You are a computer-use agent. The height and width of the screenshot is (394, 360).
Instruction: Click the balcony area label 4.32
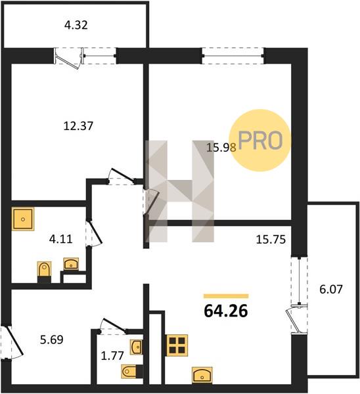click(x=76, y=25)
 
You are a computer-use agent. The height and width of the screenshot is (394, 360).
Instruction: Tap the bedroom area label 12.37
click(x=78, y=126)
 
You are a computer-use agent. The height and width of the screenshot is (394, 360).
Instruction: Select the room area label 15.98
click(x=221, y=148)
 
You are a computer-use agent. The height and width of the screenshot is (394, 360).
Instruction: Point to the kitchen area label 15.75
click(x=271, y=240)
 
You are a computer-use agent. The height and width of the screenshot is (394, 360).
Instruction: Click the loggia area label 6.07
click(x=331, y=289)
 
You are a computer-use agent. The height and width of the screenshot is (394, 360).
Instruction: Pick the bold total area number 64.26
click(x=226, y=311)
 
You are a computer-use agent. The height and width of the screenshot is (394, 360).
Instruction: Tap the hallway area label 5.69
click(x=52, y=339)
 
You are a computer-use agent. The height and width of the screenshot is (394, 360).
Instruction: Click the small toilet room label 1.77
click(x=112, y=355)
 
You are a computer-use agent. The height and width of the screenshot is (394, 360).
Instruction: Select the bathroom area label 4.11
click(x=61, y=239)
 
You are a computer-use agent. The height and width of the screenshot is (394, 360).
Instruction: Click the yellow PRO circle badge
click(x=260, y=141)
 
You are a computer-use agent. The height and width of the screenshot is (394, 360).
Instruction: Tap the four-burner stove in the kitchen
click(x=177, y=345)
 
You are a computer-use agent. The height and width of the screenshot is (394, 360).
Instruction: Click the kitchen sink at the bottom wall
click(x=202, y=375)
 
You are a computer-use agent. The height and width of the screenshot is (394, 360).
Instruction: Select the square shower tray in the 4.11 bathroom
click(x=23, y=219)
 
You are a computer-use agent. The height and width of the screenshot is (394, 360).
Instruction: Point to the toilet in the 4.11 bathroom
click(x=44, y=272)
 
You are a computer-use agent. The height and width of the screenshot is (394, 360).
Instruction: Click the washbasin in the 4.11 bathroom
click(x=71, y=264)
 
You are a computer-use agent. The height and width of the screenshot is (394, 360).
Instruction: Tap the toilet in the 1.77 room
click(x=132, y=372)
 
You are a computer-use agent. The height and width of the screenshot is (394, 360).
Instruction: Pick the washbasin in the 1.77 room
click(x=137, y=347)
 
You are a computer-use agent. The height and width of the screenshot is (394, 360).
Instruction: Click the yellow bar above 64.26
click(x=226, y=296)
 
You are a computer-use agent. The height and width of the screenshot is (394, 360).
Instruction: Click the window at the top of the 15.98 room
click(x=233, y=56)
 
